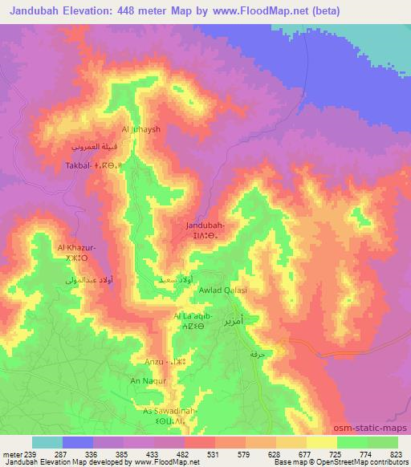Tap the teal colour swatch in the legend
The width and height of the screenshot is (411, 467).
click(47, 442)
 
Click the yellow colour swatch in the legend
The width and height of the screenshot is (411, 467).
click(322, 442)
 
